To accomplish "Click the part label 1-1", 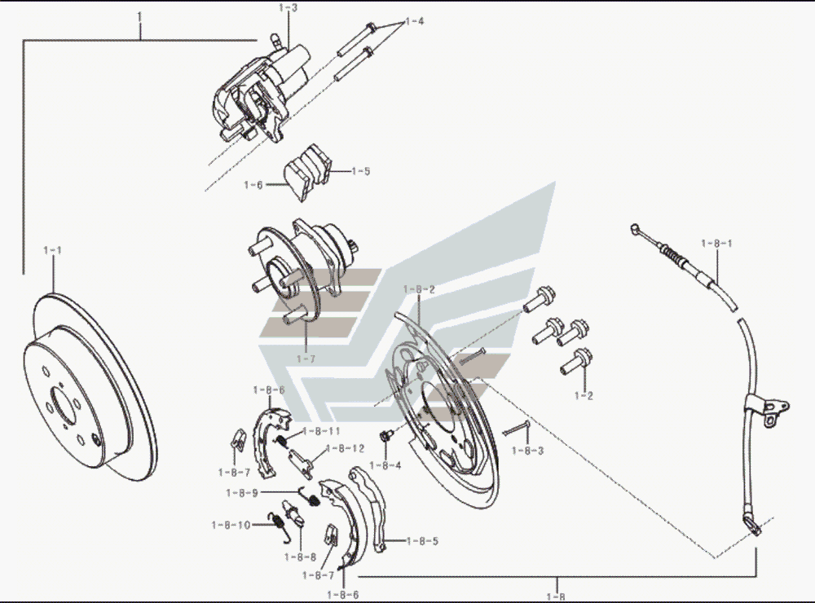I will (52, 250).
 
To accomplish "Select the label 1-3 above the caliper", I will (288, 8).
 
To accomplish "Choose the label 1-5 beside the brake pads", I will (360, 172).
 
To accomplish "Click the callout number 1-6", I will (253, 185).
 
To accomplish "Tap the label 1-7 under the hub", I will (305, 359).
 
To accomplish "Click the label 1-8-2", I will (420, 289).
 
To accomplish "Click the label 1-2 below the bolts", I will (584, 396).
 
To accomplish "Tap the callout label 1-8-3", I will (527, 449).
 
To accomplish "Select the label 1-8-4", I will (385, 465).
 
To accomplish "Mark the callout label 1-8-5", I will (422, 540).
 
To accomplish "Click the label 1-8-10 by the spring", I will (231, 525).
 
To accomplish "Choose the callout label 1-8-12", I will (345, 448).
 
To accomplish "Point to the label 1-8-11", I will (321, 430).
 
